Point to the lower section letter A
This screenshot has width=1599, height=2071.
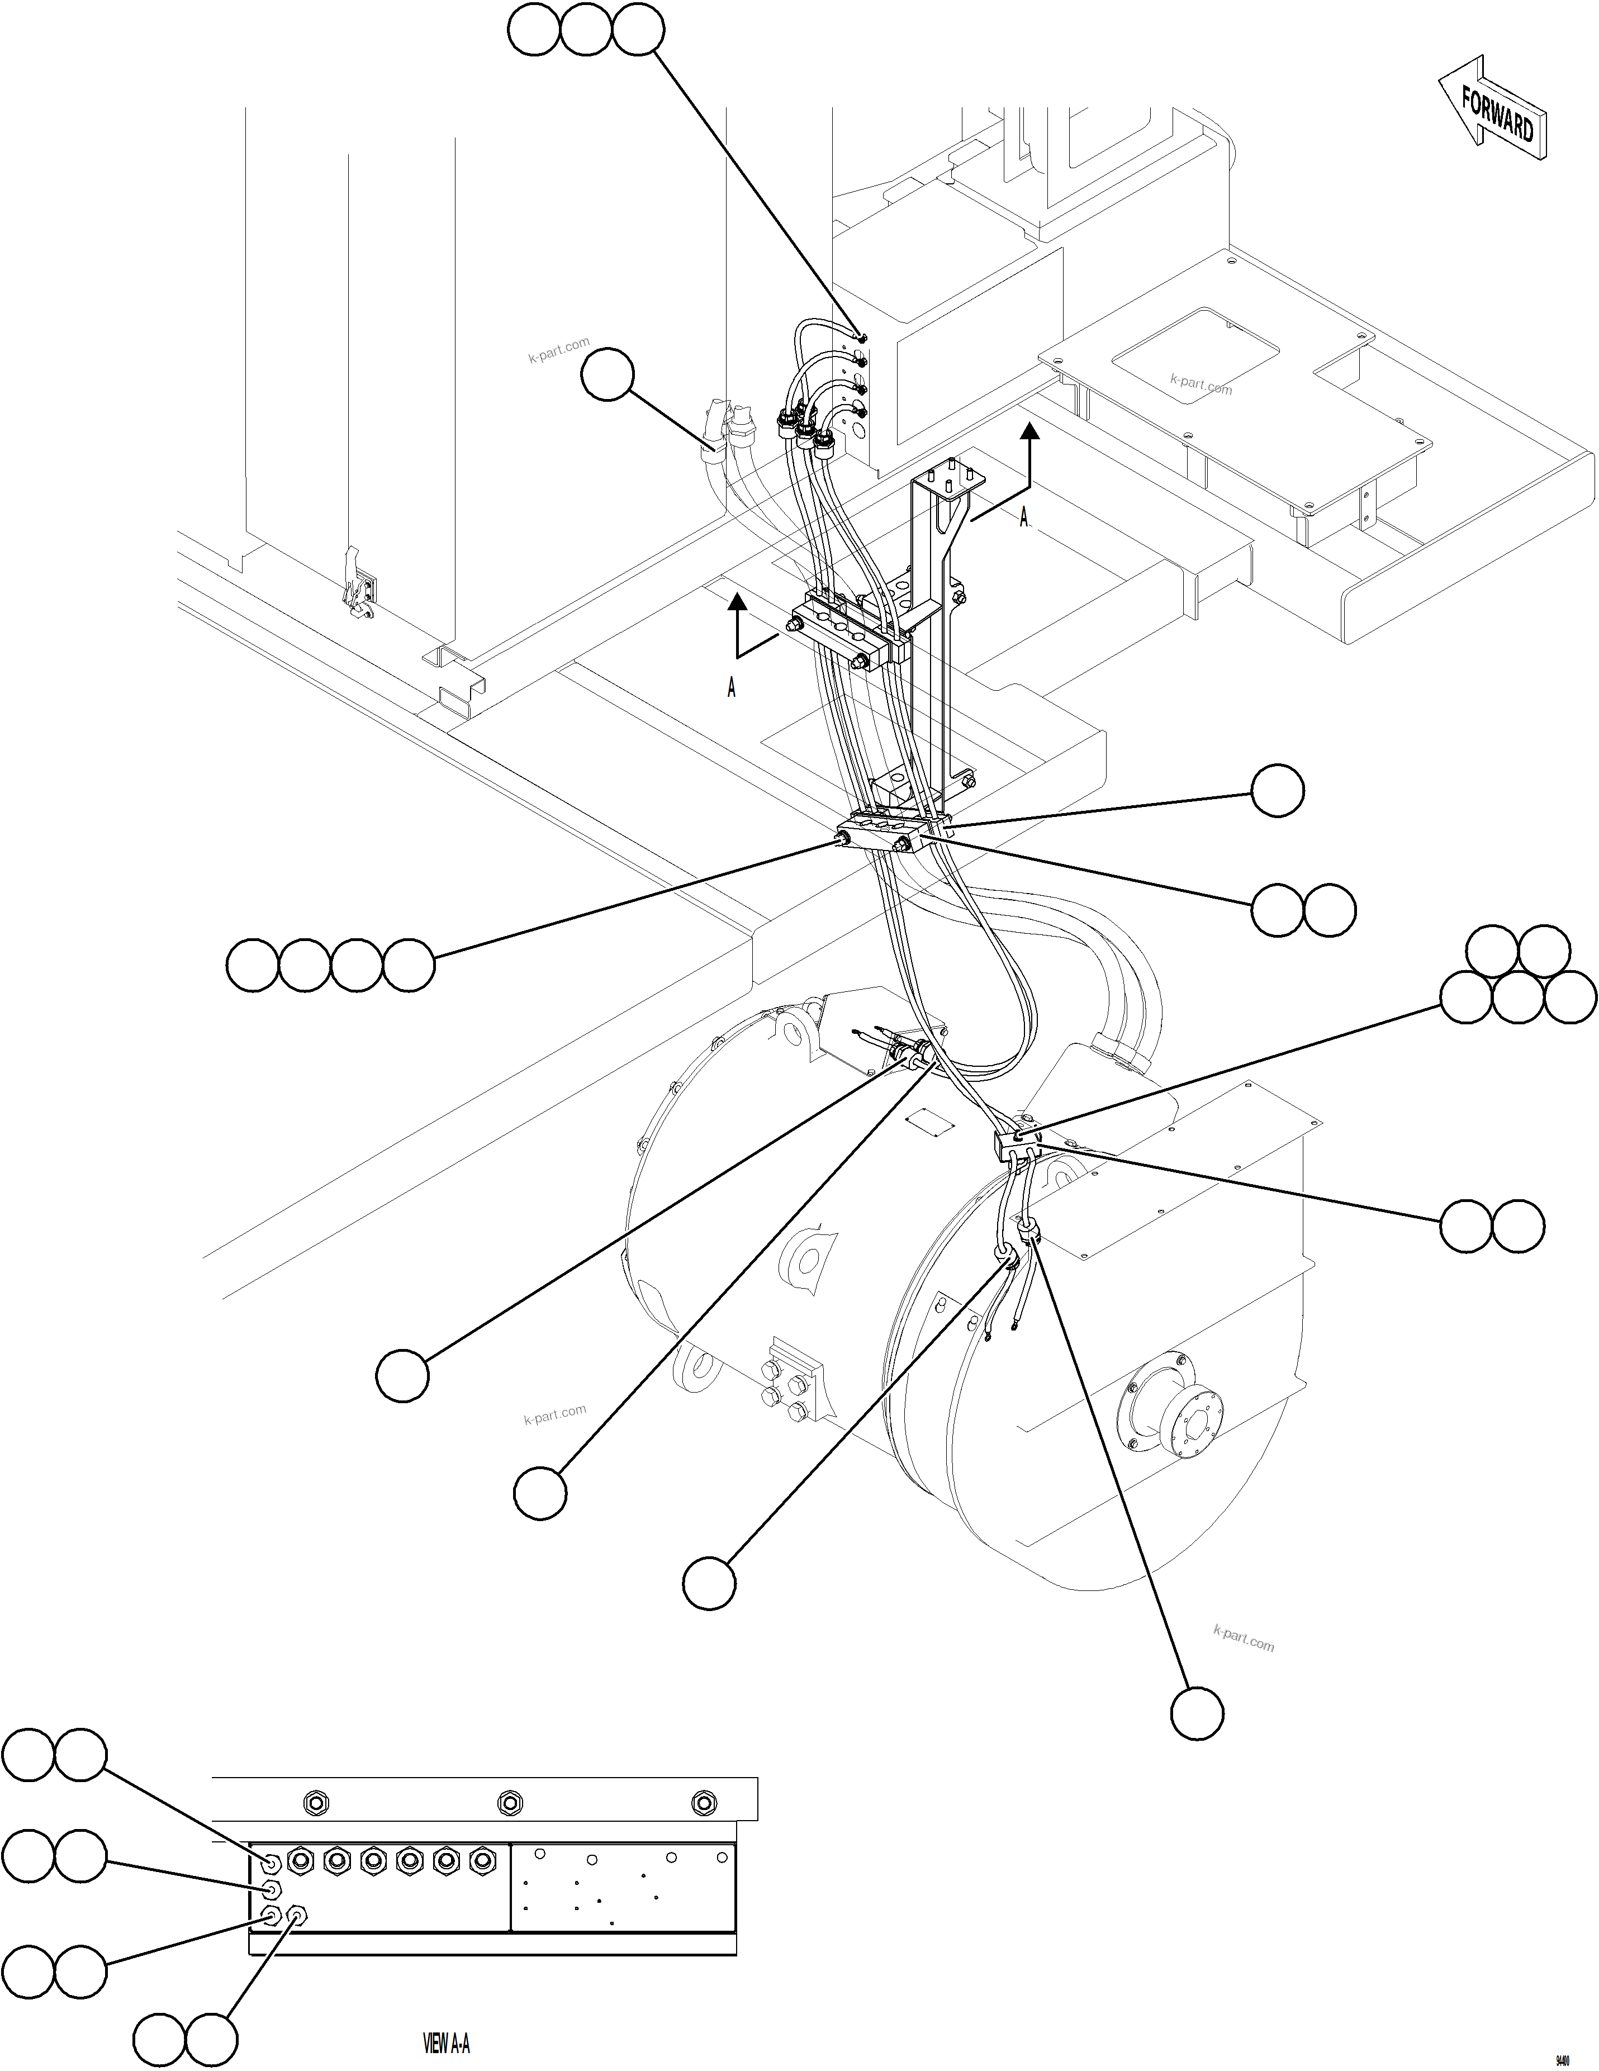pos(731,688)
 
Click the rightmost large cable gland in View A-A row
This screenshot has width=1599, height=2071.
pos(483,1860)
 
